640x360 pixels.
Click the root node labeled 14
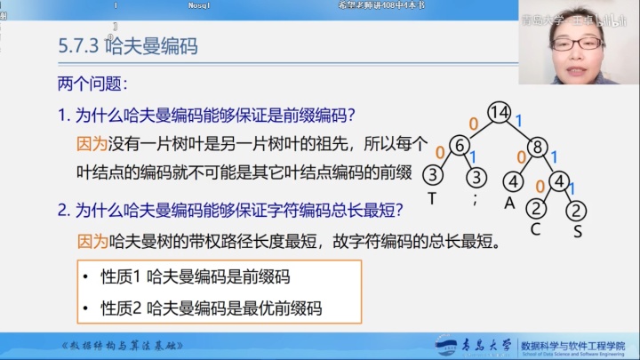coord(500,113)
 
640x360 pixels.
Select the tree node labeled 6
coord(459,146)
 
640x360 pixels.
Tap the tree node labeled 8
coord(537,147)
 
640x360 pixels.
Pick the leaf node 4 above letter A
coord(513,180)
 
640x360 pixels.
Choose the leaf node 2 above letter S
coord(577,211)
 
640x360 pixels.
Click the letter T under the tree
coord(432,199)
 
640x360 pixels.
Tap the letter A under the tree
coord(510,201)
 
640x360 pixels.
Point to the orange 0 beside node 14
coord(474,123)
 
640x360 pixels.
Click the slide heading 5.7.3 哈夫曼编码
coord(127,47)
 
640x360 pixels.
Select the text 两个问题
coord(92,84)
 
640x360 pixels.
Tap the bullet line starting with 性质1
coord(196,276)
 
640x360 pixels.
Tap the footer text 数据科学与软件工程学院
coord(572,344)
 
